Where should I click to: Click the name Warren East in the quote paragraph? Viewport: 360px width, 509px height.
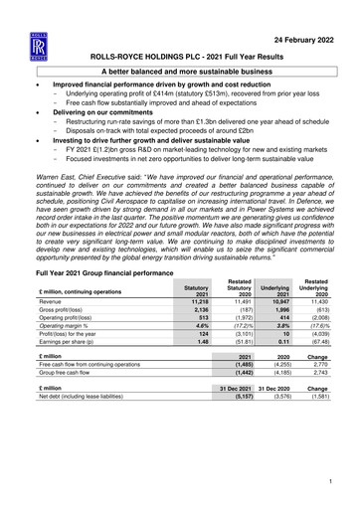tap(60, 181)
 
